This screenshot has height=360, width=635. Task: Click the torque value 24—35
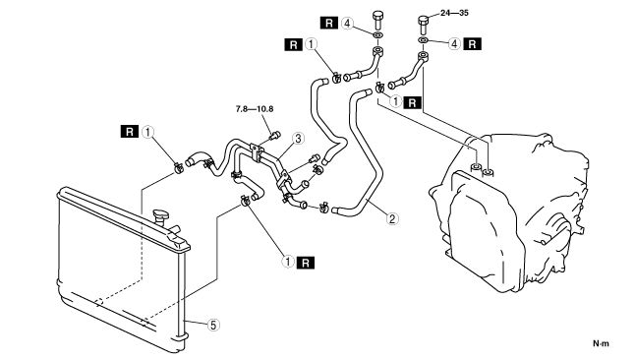(x=454, y=13)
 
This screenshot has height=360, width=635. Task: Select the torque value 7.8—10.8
(x=255, y=109)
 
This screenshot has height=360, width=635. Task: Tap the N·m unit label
(x=601, y=344)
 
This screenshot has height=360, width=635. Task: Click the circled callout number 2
(x=391, y=219)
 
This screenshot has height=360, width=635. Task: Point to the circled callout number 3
(x=298, y=139)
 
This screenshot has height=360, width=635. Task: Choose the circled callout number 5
(x=213, y=325)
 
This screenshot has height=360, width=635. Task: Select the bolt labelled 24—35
(x=424, y=25)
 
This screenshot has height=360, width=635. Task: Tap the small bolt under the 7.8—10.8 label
(x=275, y=136)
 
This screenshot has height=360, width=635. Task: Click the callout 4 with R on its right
(x=454, y=44)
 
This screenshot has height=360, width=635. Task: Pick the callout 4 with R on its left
(x=347, y=24)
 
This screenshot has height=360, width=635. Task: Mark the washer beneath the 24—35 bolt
(x=423, y=40)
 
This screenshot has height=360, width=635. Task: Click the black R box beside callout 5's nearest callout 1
(x=306, y=263)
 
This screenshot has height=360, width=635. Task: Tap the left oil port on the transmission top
(x=476, y=167)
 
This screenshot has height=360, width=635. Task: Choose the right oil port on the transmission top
(x=489, y=173)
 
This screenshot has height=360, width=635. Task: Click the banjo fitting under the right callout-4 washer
(x=422, y=56)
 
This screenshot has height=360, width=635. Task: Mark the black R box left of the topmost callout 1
(x=294, y=44)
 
